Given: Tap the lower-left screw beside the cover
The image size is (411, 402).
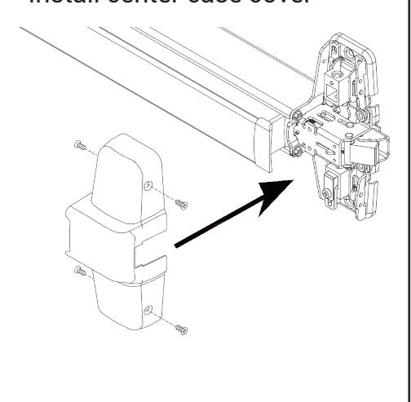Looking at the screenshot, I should coord(78,270).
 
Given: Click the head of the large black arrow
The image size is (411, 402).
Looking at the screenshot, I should coord(274,201).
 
